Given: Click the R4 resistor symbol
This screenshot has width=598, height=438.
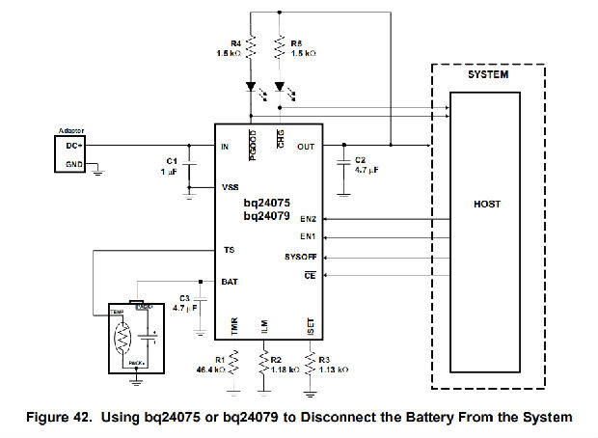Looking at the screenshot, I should tap(250, 46).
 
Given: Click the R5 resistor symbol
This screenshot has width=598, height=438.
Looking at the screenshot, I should tap(280, 46).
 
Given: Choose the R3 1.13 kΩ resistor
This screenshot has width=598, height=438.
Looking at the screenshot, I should tap(310, 362).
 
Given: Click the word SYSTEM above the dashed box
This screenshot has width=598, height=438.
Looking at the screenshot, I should tap(488, 74).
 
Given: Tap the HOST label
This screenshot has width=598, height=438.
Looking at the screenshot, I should tap(486, 205).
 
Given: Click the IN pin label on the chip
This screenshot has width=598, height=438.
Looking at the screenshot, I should tap(224, 146).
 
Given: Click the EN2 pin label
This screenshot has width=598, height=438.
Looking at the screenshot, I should tap(308, 219).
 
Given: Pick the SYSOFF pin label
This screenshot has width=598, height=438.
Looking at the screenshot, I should tap(301, 258).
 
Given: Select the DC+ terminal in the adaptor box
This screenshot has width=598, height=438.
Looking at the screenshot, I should tap(72, 145).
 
